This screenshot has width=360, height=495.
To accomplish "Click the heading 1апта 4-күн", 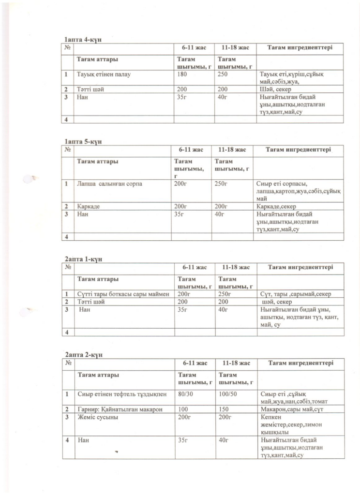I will coord(83,39).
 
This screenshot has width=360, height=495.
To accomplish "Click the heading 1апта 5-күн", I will coord(83,141).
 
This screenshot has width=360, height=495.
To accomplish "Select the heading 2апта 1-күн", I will coord(83,259).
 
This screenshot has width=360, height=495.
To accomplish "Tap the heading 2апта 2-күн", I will coord(83,354).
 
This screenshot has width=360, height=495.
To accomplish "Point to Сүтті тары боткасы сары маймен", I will coord(123,294).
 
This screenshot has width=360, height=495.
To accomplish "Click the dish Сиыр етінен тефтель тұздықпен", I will coord(122,394).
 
